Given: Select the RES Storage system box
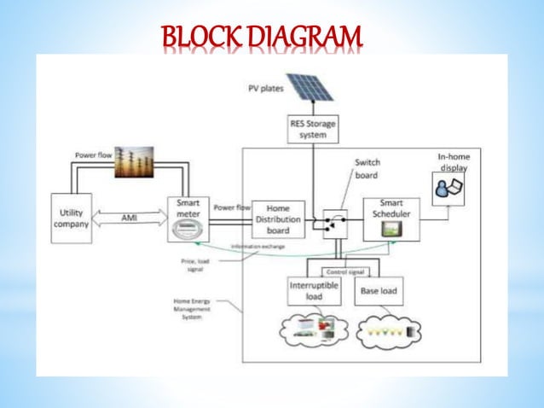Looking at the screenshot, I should coord(312,129).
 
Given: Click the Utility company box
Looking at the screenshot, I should coord(71,219).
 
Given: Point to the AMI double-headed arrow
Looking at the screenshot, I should coord(130,219).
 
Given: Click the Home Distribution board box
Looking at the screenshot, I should coord(278,219).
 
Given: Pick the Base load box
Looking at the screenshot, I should coord(378,291).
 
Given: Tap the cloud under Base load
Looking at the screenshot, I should coord(388,331).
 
